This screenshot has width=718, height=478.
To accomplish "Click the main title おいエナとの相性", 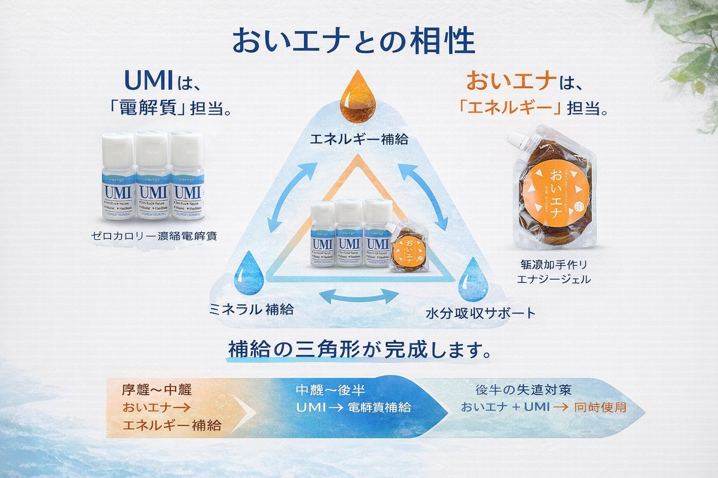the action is pyautogui.click(x=354, y=41).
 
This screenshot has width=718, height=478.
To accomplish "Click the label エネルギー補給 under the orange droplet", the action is pyautogui.click(x=359, y=139).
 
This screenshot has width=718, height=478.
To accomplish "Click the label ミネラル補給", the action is pyautogui.click(x=251, y=309).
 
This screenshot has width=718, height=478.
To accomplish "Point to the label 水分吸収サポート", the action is pyautogui.click(x=481, y=313).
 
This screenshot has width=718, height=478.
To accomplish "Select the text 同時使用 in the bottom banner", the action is pyautogui.click(x=600, y=407).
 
